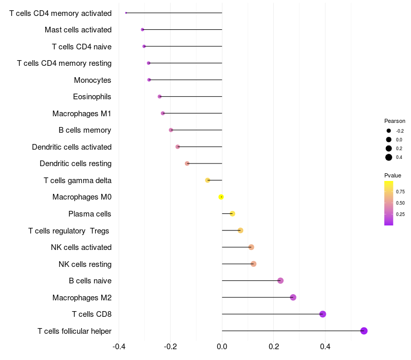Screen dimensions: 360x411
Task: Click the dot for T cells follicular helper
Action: pos(364,331)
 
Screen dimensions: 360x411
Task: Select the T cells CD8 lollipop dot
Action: pos(323,314)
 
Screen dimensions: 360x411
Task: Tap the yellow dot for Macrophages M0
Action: pos(221,197)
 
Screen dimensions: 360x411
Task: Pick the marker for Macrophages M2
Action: pos(293,297)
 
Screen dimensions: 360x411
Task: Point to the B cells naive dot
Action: pos(281,281)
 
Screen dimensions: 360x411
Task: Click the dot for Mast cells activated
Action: pos(142,30)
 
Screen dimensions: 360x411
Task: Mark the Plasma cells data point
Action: pos(232,214)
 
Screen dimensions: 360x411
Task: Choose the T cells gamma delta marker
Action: pos(208,180)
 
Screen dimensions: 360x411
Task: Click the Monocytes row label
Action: pos(92,80)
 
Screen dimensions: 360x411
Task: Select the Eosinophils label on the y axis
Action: pos(92,97)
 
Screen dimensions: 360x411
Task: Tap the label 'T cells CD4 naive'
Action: pos(82,47)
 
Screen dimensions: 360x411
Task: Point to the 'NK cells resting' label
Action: pos(85,264)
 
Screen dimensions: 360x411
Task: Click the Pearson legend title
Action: pos(395,121)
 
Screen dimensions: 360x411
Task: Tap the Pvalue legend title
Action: pos(393,175)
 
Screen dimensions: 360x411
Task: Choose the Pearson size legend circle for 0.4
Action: pos(389,157)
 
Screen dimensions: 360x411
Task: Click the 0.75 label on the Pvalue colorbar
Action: pos(400,191)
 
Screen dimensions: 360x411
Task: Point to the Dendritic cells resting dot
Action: pos(187,164)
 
